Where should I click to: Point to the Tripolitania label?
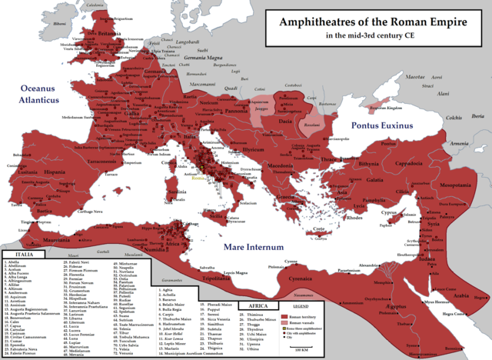click(x=238, y=278)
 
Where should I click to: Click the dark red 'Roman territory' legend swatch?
click(x=286, y=316)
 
